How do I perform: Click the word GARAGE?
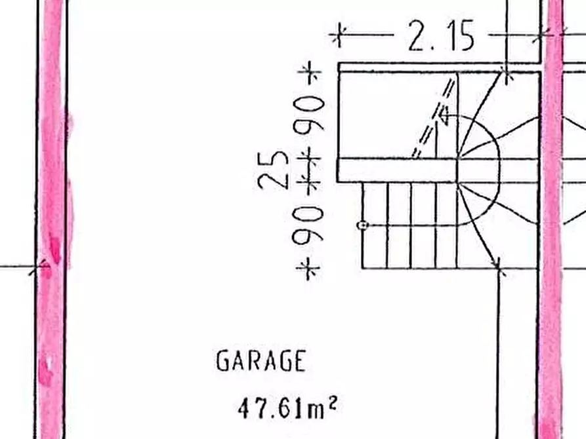click(x=261, y=360)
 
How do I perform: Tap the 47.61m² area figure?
click(x=287, y=408)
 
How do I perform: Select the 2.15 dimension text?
click(x=441, y=36)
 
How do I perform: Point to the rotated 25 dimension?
click(x=273, y=170)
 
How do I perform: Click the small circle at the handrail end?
click(x=362, y=225)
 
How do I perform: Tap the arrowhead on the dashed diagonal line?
click(x=444, y=115)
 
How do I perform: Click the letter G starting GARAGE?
click(x=222, y=360)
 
